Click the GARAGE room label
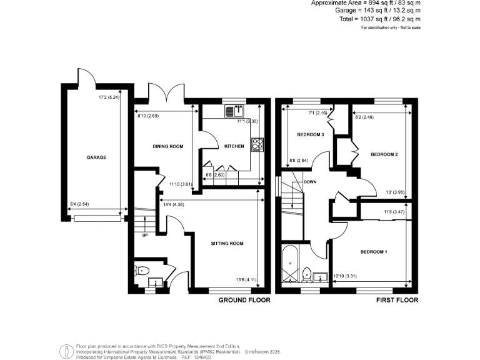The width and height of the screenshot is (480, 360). (96, 157)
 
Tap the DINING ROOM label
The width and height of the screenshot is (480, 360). (168, 146)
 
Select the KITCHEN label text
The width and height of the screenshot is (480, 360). (234, 146)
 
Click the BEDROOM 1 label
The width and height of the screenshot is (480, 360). (374, 252)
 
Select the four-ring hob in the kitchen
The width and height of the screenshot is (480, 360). (257, 144)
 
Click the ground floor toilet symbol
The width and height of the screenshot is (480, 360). (141, 271)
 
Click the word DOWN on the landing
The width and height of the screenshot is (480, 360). (309, 182)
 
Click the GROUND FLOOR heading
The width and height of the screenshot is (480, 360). (244, 301)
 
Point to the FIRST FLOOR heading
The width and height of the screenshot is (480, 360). (397, 301)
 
